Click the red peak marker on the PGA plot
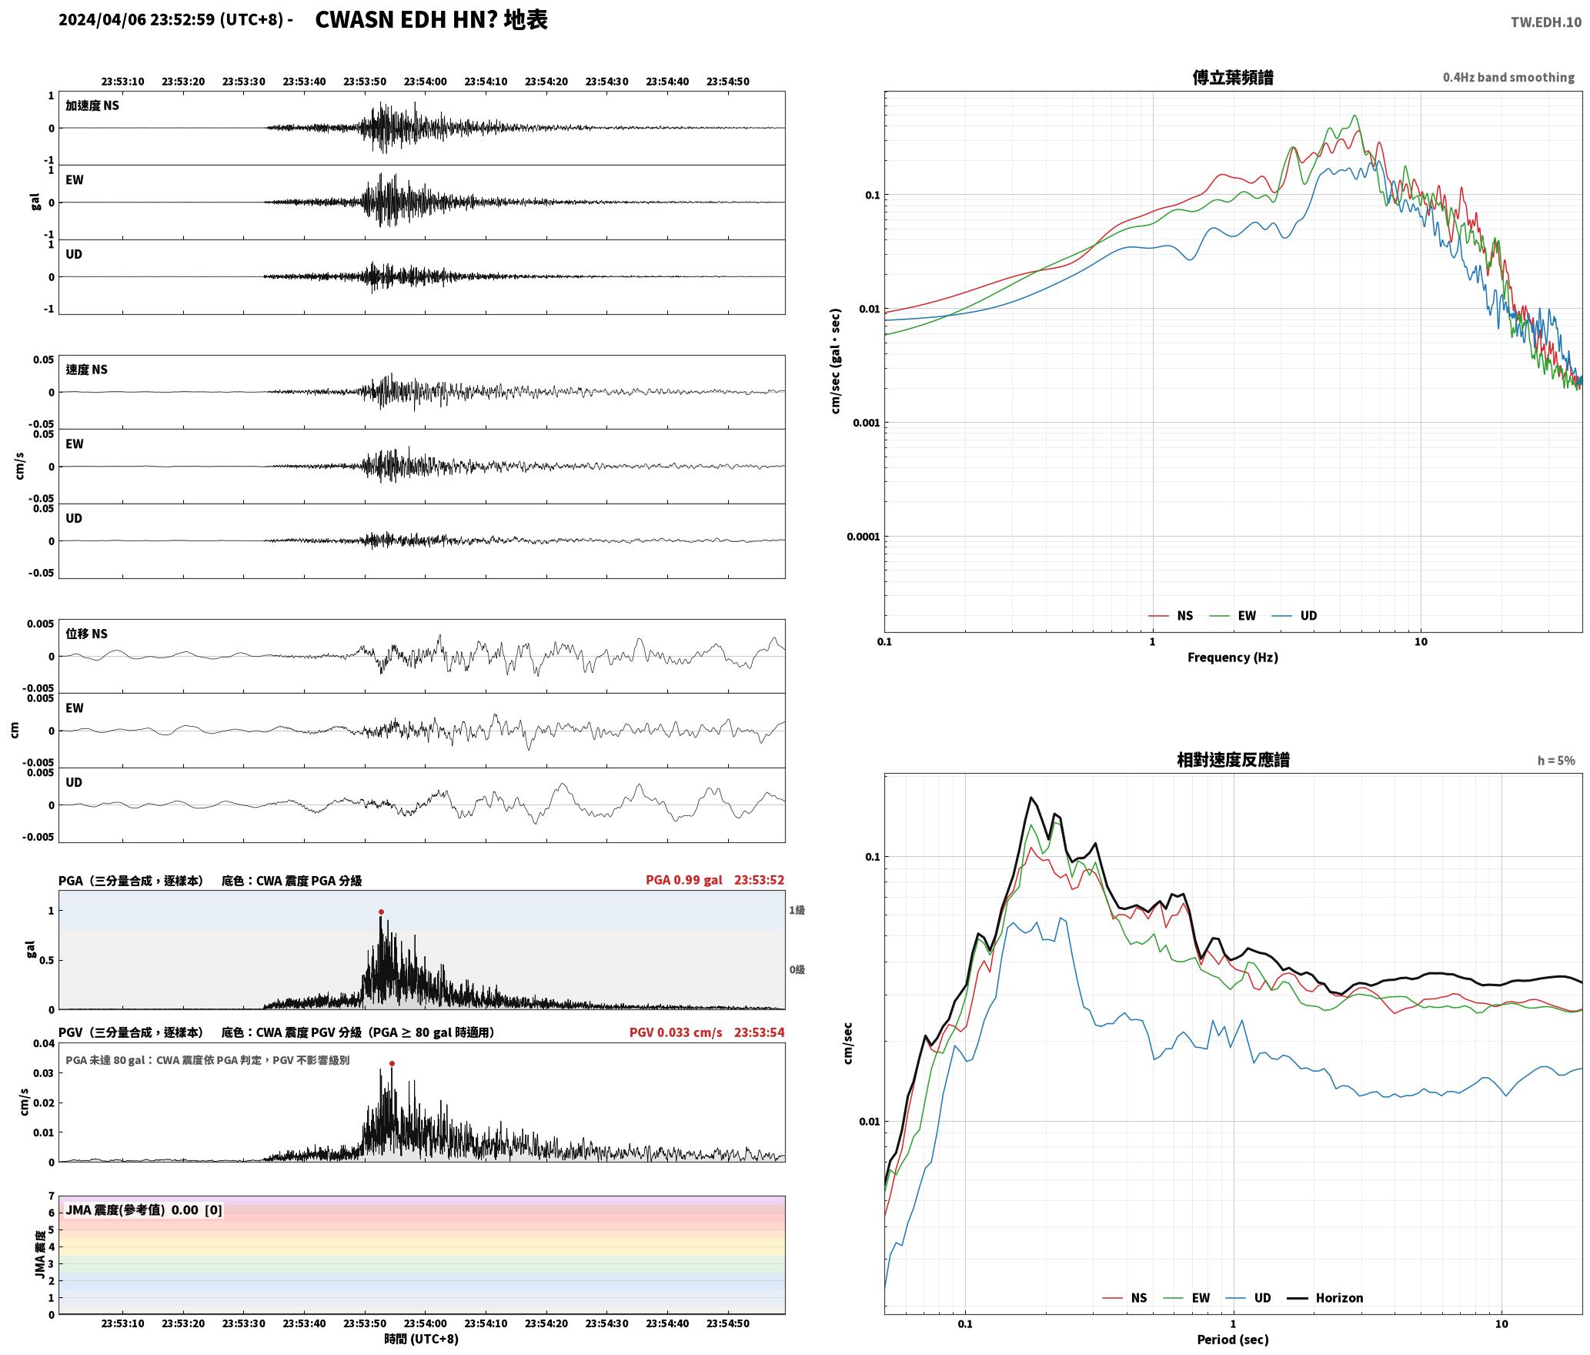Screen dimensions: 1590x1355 [x=381, y=912]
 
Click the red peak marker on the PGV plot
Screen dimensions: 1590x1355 [x=392, y=1064]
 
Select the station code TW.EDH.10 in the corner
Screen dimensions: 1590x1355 [x=1545, y=22]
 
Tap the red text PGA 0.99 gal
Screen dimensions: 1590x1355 [x=684, y=880]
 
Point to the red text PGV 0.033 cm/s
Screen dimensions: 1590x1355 [x=676, y=1032]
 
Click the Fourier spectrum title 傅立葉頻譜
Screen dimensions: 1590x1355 [x=1232, y=77]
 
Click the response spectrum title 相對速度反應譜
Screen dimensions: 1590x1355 [x=1233, y=760]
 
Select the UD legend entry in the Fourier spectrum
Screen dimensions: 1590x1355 [x=1294, y=616]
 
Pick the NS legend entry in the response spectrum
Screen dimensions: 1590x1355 [x=1124, y=1298]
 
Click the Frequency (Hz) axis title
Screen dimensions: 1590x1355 [x=1232, y=657]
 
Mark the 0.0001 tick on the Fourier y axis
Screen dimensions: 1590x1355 [x=863, y=537]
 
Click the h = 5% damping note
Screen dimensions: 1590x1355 [x=1556, y=761]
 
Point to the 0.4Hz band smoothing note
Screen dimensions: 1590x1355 [x=1508, y=78]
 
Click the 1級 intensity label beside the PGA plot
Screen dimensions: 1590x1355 [x=797, y=911]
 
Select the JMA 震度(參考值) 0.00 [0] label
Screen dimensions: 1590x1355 [x=144, y=1210]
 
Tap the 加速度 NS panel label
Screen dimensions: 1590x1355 [x=92, y=105]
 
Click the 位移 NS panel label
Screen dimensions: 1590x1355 [x=86, y=634]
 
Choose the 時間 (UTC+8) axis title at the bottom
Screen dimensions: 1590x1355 [x=422, y=1340]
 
